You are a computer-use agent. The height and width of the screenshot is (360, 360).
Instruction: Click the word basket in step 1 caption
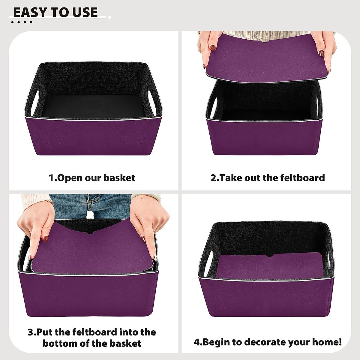tap(119, 178)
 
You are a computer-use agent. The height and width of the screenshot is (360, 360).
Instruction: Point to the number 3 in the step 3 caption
tap(31, 332)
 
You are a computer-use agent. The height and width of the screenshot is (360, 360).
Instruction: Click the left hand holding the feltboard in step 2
tap(208, 48)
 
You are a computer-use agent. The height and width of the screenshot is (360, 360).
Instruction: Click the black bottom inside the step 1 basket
tap(93, 106)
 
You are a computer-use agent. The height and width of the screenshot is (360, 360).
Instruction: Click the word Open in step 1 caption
tap(70, 178)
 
